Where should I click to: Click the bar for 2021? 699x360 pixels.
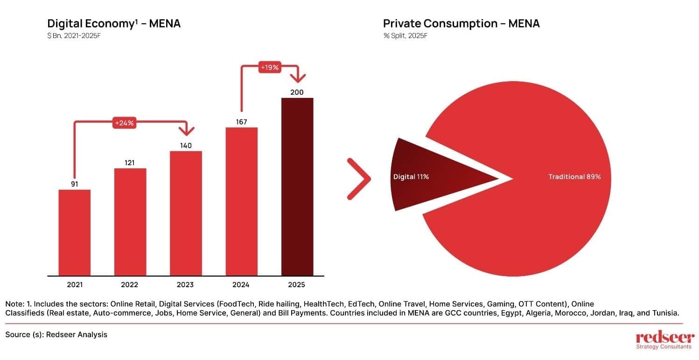pos(75,232)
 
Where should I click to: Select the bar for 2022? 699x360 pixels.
pos(130,222)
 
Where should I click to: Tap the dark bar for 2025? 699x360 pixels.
pos(297,187)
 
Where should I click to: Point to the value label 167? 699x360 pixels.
pos(241,122)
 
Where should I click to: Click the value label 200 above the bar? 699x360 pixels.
pos(297,92)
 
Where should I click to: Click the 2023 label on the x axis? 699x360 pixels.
pos(186,284)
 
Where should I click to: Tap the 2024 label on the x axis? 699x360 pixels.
pos(241,284)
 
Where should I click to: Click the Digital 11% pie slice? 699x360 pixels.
pos(420,177)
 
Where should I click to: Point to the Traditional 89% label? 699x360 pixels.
pos(574,177)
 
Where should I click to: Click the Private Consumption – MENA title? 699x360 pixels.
pos(461,24)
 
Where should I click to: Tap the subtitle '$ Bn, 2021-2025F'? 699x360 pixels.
pos(74,36)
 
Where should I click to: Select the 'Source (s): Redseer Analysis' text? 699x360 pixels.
pos(56,334)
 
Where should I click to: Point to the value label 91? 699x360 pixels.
pos(75,184)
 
